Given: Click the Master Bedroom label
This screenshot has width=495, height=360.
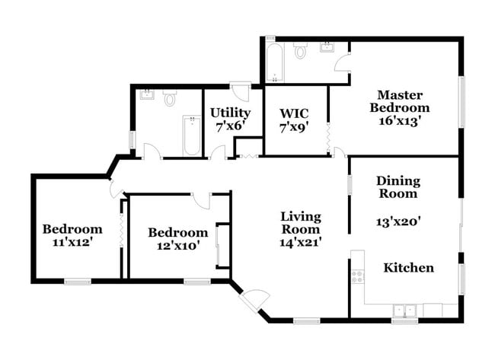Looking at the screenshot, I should click(x=401, y=101).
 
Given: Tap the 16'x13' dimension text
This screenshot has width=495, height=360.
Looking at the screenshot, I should click(x=401, y=119).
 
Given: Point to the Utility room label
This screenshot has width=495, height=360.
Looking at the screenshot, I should click(x=230, y=113).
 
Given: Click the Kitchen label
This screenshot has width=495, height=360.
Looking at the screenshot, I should click(x=408, y=267).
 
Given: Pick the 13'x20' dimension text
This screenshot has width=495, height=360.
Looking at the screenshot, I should click(x=398, y=224).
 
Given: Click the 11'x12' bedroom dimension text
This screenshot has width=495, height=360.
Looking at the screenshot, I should click(x=72, y=244).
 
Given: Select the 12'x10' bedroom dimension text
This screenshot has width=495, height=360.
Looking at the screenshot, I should click(x=177, y=247).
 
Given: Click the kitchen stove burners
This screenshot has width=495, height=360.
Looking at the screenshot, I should click(x=356, y=276).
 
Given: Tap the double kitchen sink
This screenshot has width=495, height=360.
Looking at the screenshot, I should click(x=404, y=310).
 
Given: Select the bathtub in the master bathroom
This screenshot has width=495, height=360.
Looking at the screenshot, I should click(x=273, y=62).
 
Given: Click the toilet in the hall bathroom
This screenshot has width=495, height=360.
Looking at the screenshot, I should click(x=170, y=98).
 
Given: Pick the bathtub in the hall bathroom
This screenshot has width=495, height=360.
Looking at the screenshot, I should click(x=190, y=135).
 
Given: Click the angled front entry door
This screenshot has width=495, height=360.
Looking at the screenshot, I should click(x=254, y=301).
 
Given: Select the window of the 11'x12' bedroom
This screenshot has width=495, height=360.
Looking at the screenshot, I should click(x=77, y=281).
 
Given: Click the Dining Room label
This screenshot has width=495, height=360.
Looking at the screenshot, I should click(x=398, y=186).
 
